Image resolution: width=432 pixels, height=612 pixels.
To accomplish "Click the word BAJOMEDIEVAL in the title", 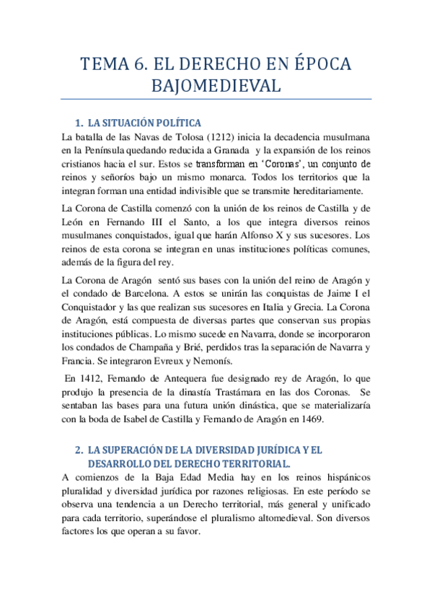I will pyautogui.click(x=216, y=87).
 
